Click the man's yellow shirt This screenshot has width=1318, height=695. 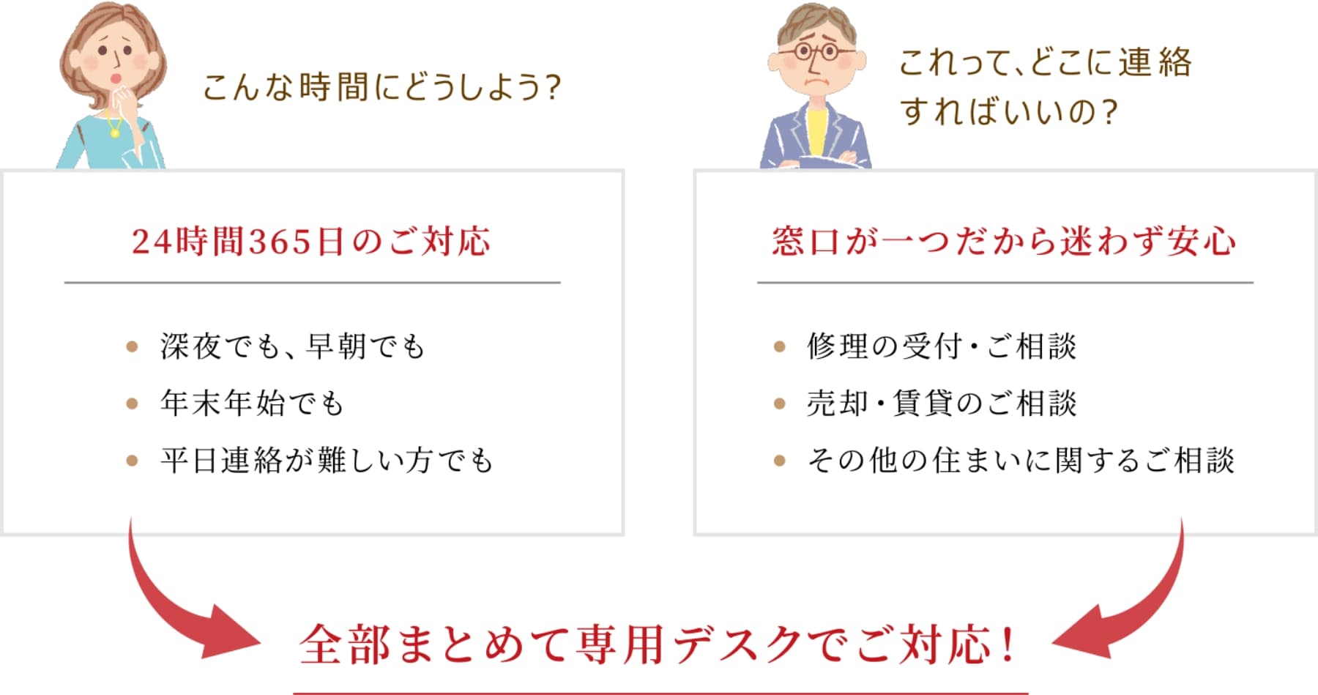(818, 131)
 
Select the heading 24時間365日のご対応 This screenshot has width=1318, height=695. (311, 242)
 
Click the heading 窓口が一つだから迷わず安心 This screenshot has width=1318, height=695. (1005, 242)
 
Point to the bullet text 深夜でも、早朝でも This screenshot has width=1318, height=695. (293, 346)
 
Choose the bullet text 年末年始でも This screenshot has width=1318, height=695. (252, 403)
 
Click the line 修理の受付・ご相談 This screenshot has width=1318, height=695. (942, 346)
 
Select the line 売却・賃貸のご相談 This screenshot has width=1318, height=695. (942, 403)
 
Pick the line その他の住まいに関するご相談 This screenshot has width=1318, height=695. (1021, 460)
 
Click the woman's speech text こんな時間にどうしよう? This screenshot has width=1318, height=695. (381, 87)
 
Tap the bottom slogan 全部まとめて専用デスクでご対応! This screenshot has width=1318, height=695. (657, 644)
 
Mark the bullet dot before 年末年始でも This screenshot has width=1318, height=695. (132, 404)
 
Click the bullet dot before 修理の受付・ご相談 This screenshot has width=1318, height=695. (779, 346)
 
